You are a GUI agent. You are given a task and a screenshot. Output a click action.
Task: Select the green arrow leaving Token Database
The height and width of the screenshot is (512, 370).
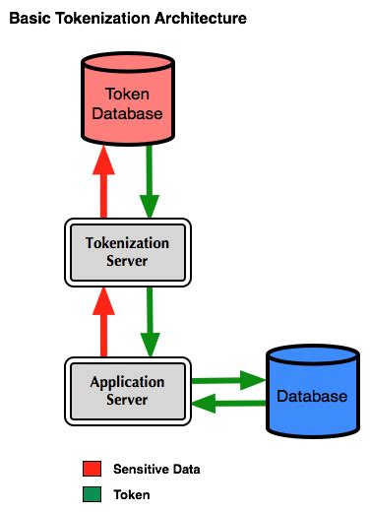tap(150, 182)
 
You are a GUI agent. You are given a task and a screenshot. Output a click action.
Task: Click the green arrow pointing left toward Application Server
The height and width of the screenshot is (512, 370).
tap(228, 404)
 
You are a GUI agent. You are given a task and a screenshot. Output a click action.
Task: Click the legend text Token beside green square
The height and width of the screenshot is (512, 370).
tap(131, 494)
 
